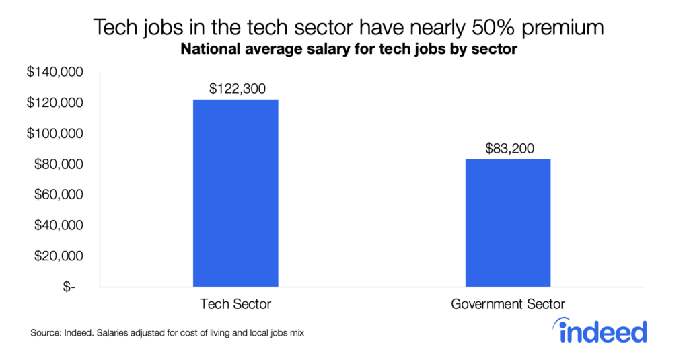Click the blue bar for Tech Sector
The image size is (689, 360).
(235, 192)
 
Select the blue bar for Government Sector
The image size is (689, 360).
(508, 222)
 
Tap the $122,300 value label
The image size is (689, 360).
(235, 87)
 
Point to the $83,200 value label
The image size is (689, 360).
(509, 148)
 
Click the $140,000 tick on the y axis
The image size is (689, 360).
(55, 72)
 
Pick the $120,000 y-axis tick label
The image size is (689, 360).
(55, 103)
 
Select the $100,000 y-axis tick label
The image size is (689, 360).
(55, 133)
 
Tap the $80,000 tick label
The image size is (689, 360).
(58, 164)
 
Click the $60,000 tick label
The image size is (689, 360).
(58, 194)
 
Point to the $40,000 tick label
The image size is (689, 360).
(58, 225)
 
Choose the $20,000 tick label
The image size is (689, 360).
(58, 256)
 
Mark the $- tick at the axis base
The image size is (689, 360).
(70, 287)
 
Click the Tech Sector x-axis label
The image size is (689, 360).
(235, 304)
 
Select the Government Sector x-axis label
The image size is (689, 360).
(508, 304)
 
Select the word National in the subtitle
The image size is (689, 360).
(201, 50)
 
